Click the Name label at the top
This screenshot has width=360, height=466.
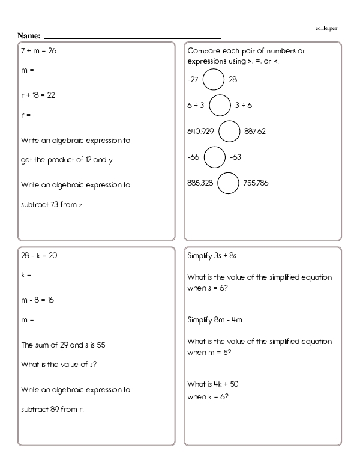click(x=29, y=36)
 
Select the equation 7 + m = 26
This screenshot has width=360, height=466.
click(x=38, y=51)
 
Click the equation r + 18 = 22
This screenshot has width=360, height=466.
click(x=38, y=95)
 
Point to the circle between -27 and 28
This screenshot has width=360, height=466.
click(x=214, y=79)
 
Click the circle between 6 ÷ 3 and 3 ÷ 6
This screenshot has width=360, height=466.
click(x=220, y=105)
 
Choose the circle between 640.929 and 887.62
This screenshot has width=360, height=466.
click(x=229, y=132)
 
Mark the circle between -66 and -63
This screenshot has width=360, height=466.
click(x=215, y=157)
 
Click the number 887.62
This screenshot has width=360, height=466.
click(x=256, y=132)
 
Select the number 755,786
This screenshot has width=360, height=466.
click(x=256, y=183)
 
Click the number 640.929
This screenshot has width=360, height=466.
click(x=201, y=132)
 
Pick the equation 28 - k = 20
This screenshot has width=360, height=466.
click(x=39, y=255)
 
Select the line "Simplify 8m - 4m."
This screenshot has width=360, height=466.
click(x=216, y=319)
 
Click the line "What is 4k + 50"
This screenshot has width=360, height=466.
click(x=214, y=384)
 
